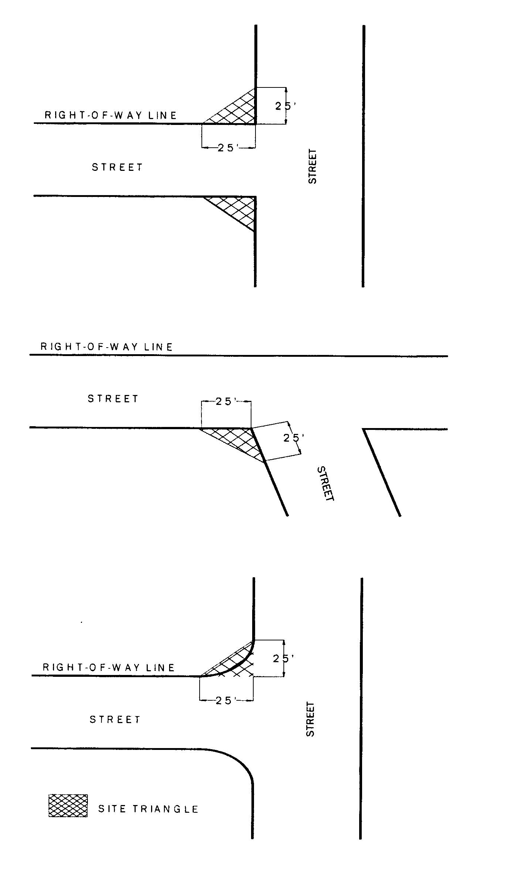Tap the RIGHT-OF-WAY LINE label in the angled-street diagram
click(x=107, y=347)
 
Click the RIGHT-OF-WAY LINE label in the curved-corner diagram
click(x=109, y=667)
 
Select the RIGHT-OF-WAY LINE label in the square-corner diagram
click(x=111, y=115)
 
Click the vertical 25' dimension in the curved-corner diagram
click(x=283, y=658)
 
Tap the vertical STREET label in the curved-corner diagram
click(x=311, y=719)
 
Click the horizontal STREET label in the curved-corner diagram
click(x=115, y=719)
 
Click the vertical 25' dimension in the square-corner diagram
click(x=285, y=106)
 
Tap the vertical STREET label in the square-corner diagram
click(x=312, y=166)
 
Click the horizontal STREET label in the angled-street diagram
click(x=113, y=399)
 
